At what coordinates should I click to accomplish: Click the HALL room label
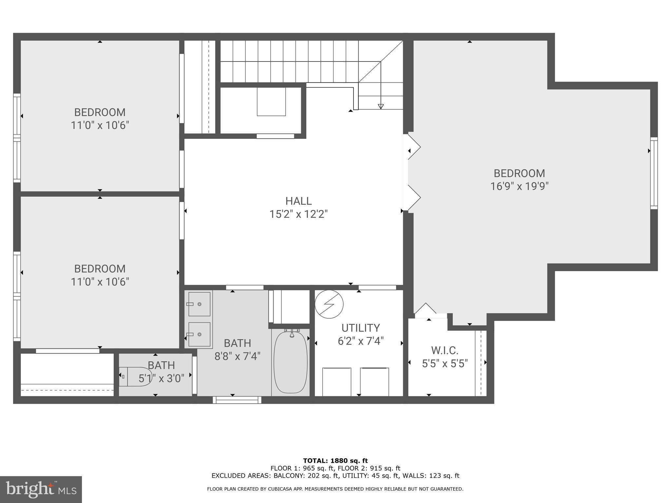298,201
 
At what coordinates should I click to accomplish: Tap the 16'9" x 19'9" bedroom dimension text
519,186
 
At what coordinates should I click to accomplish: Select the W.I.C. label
445,350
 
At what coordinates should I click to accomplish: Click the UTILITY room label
360,328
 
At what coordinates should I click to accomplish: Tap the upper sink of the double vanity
199,304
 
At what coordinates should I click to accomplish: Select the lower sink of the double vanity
199,334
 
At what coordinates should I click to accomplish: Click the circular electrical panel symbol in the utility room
329,304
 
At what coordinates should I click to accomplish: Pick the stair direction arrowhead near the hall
380,106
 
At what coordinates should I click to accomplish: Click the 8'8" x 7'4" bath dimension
237,356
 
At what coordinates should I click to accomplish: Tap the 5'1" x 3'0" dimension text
161,379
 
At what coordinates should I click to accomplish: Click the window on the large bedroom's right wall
654,173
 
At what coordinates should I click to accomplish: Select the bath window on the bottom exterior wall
237,400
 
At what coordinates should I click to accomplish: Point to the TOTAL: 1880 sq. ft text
335,461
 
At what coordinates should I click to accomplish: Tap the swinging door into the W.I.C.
426,309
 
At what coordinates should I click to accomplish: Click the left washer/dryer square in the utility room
336,382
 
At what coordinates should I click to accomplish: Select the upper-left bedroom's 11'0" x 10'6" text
100,125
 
